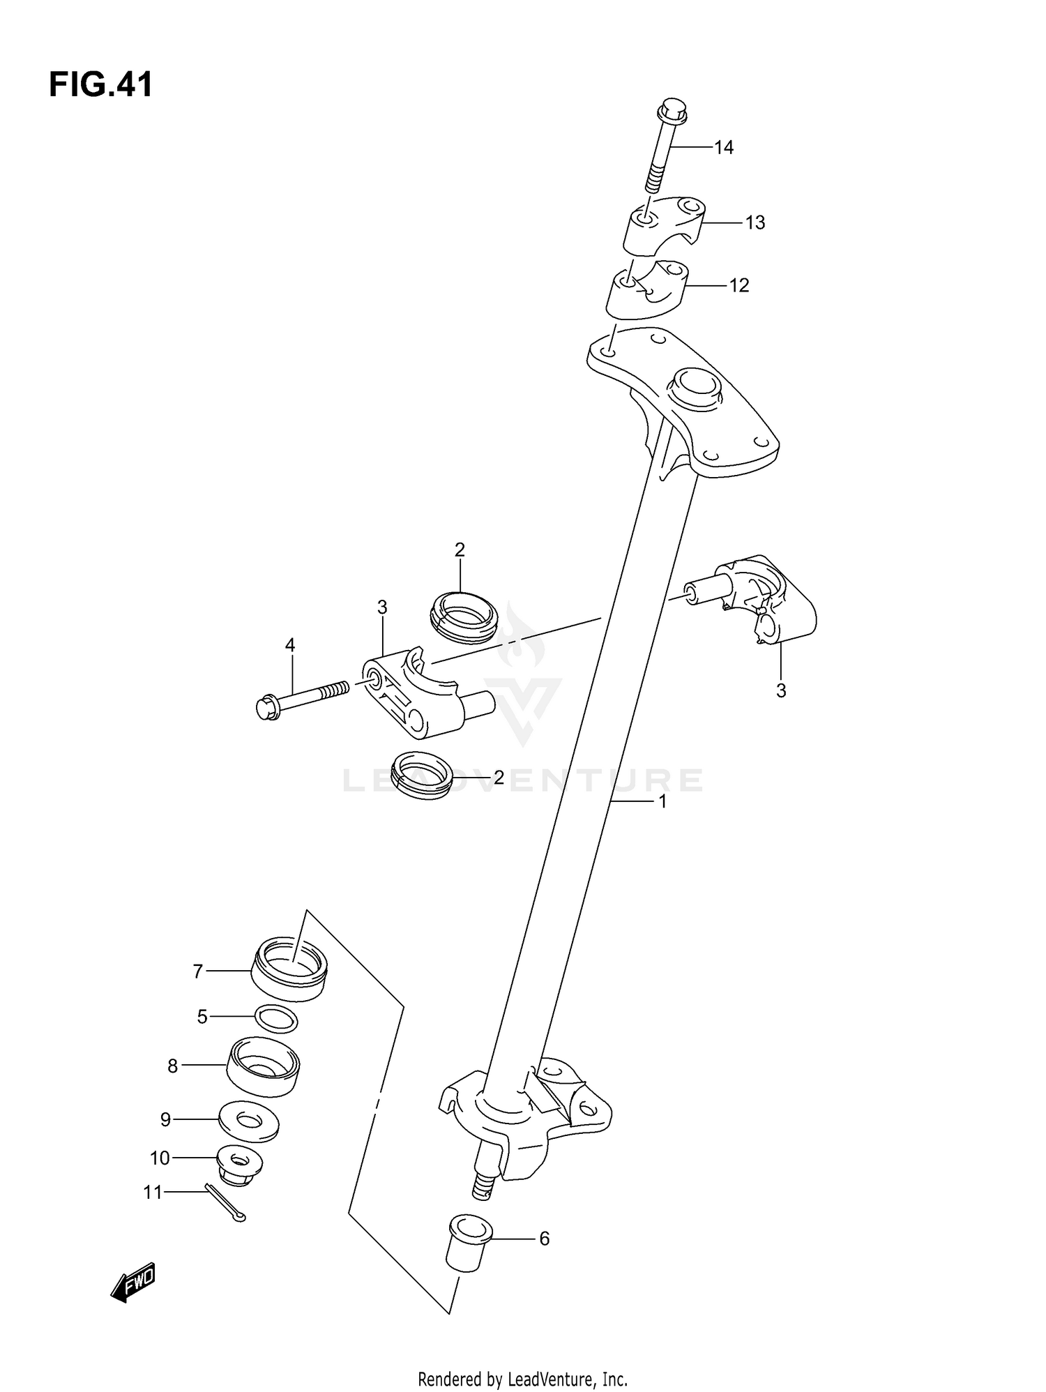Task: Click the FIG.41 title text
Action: (x=101, y=85)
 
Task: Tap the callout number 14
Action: (x=724, y=148)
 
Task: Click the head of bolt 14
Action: (x=672, y=112)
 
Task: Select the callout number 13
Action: (x=755, y=223)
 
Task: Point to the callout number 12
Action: (x=738, y=286)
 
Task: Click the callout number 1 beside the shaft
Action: (x=662, y=802)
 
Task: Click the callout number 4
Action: (x=290, y=646)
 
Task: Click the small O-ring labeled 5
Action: (x=276, y=1019)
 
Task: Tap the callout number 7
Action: (x=197, y=971)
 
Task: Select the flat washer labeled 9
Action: (x=248, y=1121)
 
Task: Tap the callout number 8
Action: (x=172, y=1066)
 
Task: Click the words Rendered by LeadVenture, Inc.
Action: (x=522, y=1378)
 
